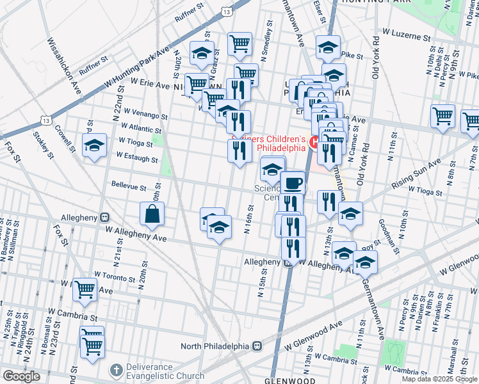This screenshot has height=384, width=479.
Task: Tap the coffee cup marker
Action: (293, 183)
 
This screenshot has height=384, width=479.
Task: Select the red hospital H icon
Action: (314, 142)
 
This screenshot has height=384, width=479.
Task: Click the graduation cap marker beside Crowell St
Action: (94, 145)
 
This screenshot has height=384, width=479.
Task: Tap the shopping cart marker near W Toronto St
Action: (85, 289)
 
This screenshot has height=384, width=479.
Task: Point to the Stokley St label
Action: (45, 143)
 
